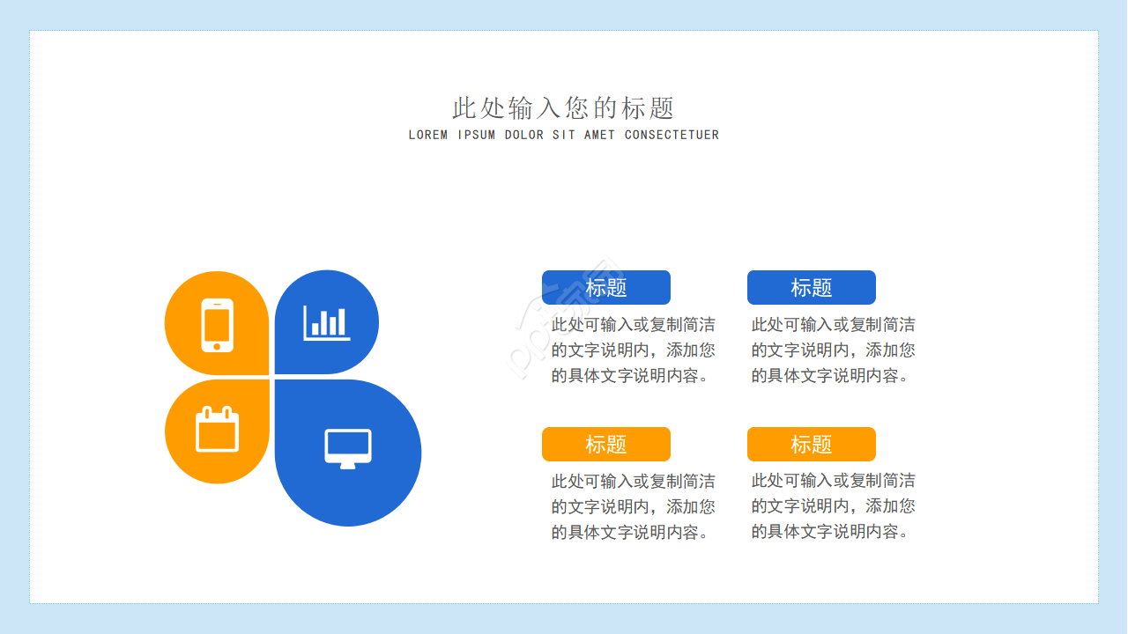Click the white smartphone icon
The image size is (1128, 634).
(x=217, y=325)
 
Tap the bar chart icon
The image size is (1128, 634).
(x=327, y=322)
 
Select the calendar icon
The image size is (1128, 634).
(x=217, y=430)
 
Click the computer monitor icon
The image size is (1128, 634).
(x=348, y=448)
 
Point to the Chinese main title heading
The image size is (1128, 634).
(x=563, y=108)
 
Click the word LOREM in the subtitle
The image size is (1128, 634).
(x=428, y=135)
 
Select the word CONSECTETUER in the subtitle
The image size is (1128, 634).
(x=672, y=135)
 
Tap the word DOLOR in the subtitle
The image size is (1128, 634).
(x=524, y=135)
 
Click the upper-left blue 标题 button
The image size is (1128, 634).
(x=606, y=288)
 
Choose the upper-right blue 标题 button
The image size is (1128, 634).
(x=812, y=288)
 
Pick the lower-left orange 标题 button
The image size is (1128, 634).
(x=606, y=445)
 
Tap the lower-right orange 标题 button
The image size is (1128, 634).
(x=812, y=445)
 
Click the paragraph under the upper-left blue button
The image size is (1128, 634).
(x=633, y=350)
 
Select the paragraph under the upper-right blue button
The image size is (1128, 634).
(x=833, y=350)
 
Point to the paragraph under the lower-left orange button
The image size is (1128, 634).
(x=633, y=506)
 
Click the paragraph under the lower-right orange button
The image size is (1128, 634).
(x=833, y=506)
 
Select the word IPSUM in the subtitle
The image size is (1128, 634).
(x=476, y=135)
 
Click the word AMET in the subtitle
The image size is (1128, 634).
(x=599, y=135)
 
